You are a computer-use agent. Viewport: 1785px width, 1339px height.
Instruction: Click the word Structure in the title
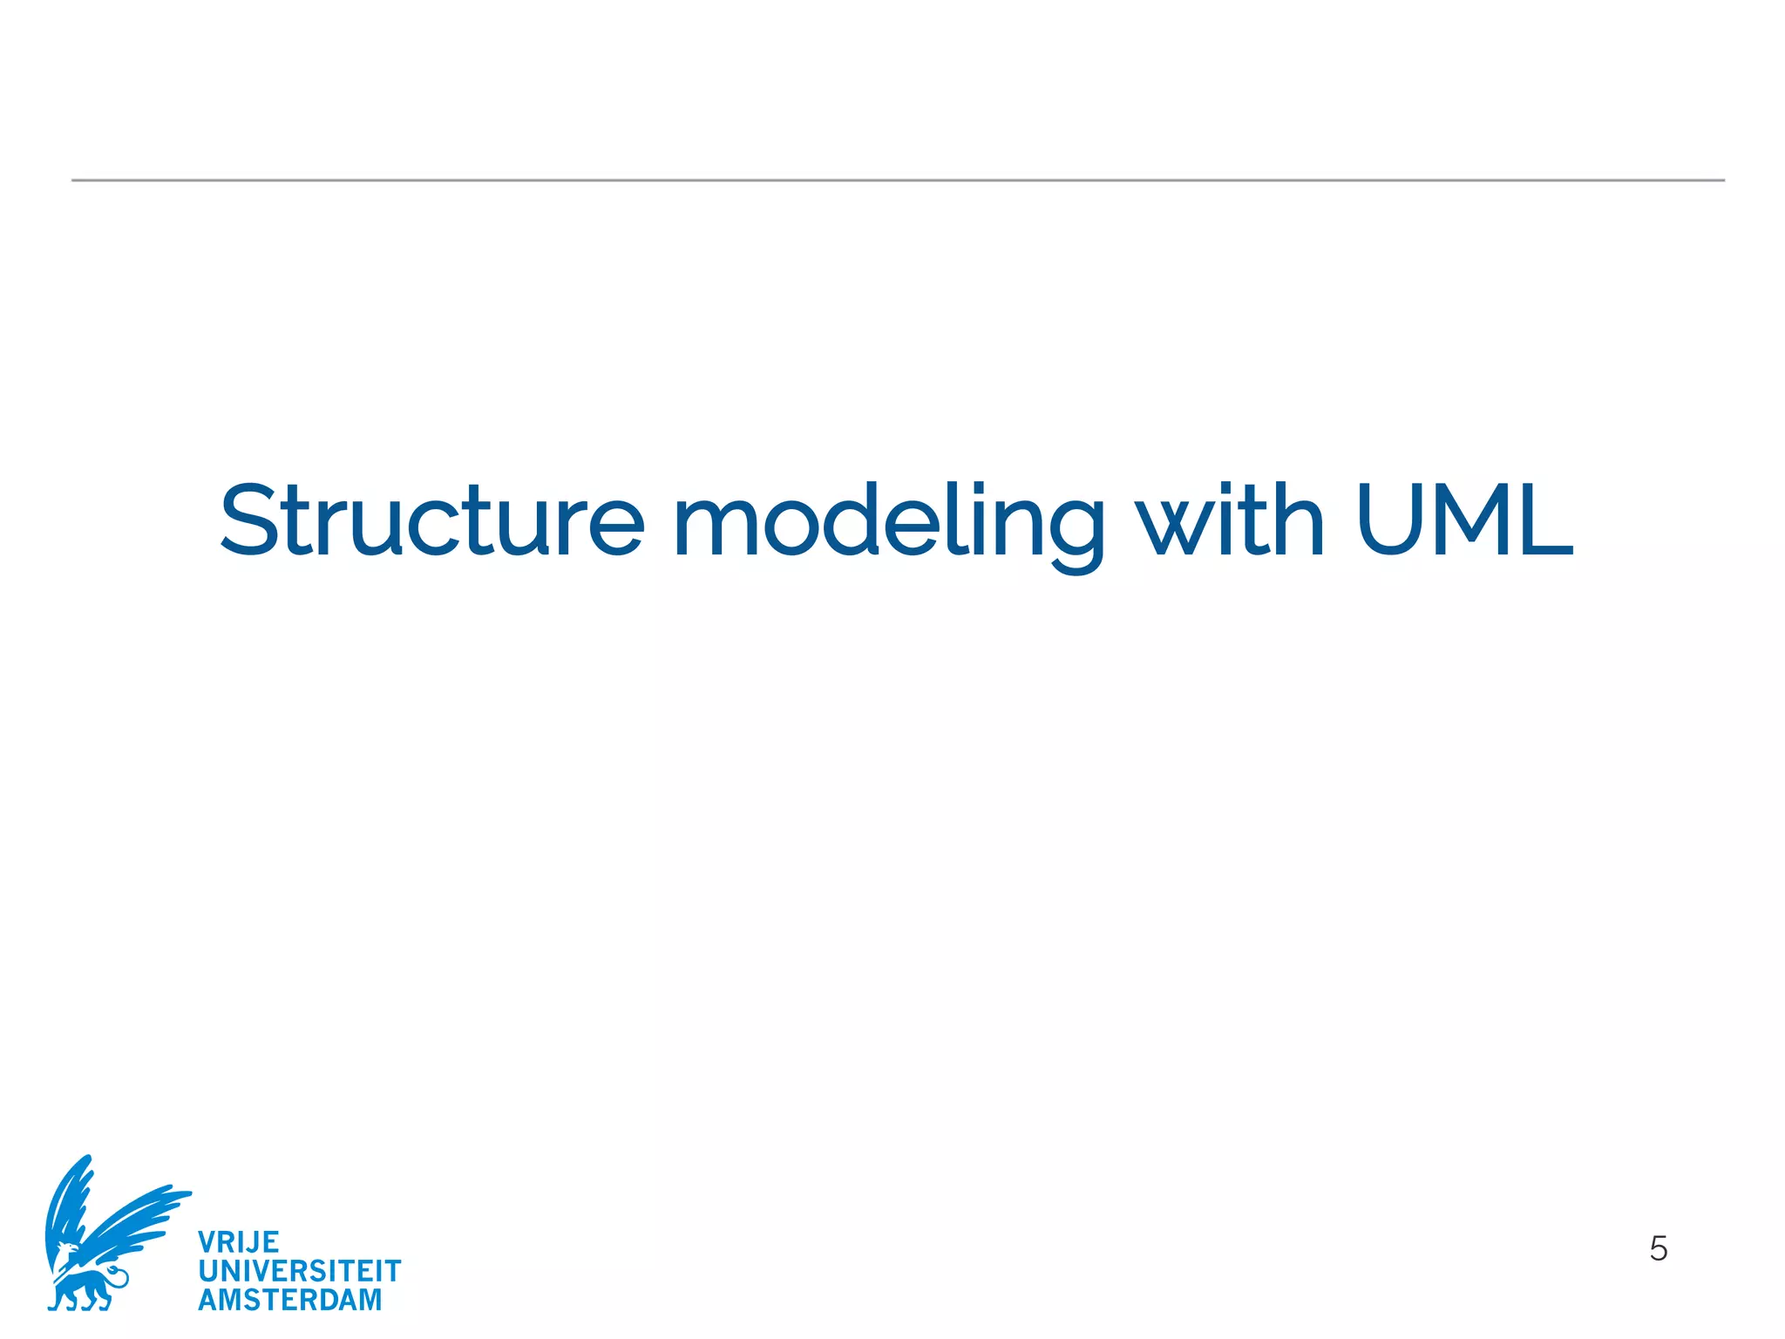point(431,520)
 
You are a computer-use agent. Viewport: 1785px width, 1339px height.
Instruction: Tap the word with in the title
point(1231,520)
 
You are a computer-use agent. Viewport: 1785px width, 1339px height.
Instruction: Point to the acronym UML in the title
point(1464,520)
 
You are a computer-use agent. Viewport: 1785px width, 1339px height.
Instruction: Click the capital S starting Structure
point(253,520)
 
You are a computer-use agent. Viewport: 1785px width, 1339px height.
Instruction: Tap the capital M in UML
point(1470,520)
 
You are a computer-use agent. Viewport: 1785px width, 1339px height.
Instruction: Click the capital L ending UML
point(1547,520)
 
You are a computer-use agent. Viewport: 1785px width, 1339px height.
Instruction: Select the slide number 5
point(1658,1249)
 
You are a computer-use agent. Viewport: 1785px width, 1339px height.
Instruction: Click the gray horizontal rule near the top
point(898,180)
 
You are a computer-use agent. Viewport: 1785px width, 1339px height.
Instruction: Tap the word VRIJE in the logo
point(238,1242)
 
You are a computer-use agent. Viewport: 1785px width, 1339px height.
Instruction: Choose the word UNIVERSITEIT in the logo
point(299,1271)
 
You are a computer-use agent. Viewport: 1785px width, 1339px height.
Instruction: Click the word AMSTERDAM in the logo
point(289,1300)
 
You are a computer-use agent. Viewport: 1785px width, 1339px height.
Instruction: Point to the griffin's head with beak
point(65,1255)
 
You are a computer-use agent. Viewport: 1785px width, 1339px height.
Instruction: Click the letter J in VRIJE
point(254,1242)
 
